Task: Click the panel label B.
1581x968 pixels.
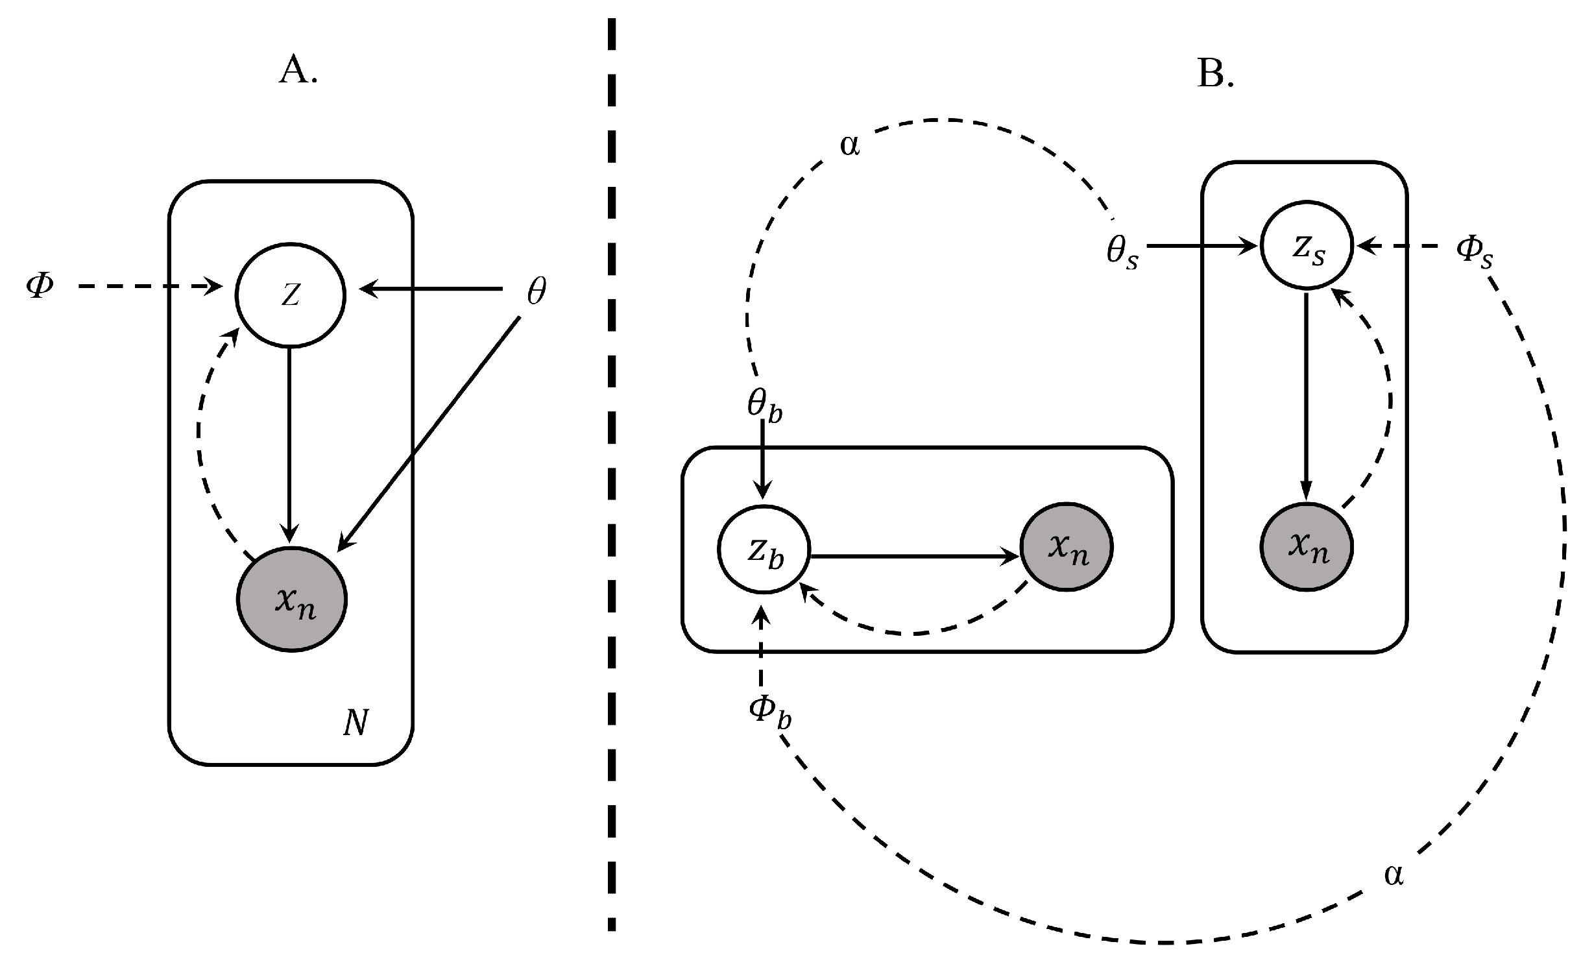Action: [1214, 75]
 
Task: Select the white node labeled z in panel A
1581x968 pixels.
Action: [290, 295]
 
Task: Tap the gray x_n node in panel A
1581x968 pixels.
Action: [291, 599]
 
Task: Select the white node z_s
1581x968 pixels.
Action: [1306, 247]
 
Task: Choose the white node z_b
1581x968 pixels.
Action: [764, 549]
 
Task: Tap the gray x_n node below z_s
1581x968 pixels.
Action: [1306, 547]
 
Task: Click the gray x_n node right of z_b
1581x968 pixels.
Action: [1066, 547]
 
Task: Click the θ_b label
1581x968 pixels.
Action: [764, 405]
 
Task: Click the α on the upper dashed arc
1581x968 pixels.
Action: [849, 145]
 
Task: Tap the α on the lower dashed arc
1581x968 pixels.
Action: [1393, 875]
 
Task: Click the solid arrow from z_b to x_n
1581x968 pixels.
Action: [915, 556]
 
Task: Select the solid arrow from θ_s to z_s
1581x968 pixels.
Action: [1200, 247]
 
